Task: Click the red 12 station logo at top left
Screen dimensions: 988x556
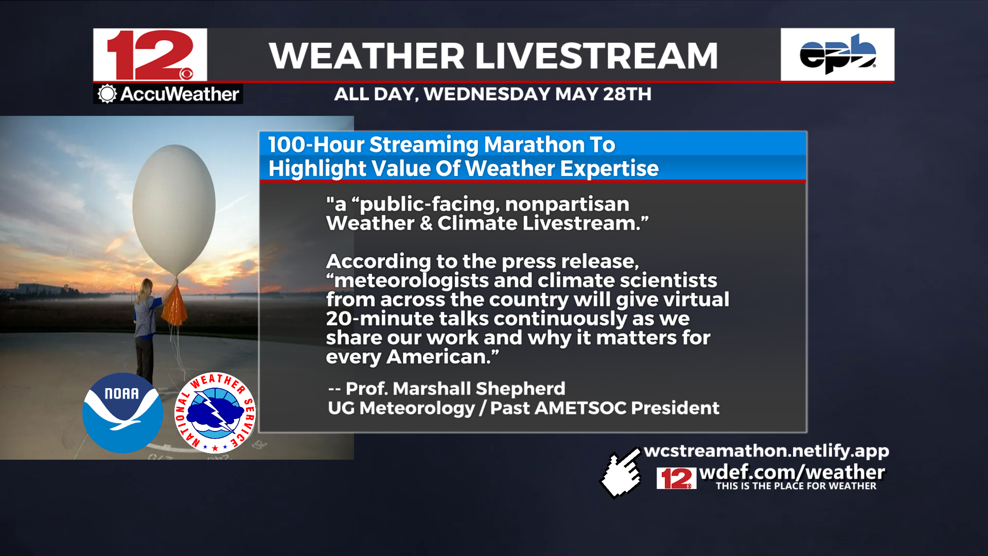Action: pos(150,55)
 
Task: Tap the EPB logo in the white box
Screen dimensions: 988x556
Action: pos(838,54)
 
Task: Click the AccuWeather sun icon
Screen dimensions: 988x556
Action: pos(107,94)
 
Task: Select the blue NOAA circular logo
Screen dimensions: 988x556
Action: pos(122,413)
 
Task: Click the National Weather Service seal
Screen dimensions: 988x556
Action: pos(215,413)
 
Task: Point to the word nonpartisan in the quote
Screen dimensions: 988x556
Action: pos(567,204)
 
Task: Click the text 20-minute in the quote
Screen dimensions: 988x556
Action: pos(380,319)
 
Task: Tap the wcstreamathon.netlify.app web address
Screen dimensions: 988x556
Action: pos(766,451)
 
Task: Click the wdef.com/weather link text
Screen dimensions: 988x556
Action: pos(792,472)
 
